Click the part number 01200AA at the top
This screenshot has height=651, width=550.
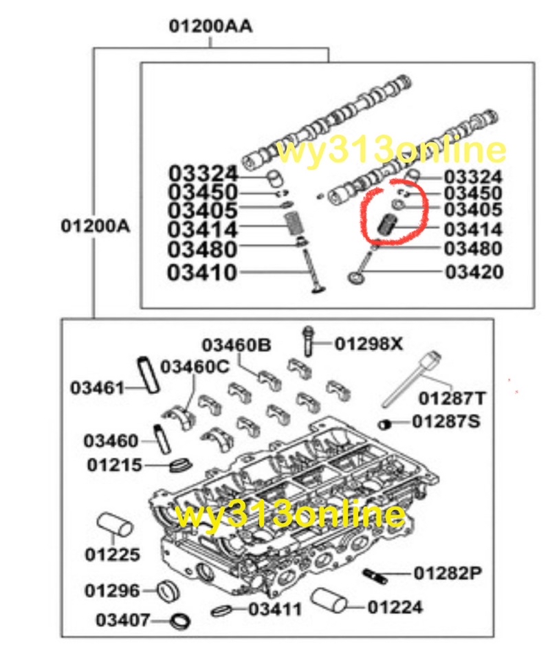210,26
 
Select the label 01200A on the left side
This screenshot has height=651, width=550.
96,226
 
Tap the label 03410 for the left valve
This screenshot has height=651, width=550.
201,273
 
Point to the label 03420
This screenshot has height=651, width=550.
474,272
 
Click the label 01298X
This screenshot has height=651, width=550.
368,344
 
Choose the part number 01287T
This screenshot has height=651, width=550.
452,399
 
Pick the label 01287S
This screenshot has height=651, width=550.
445,422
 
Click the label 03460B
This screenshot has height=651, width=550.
236,345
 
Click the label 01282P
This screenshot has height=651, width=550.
448,573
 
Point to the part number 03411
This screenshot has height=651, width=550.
275,610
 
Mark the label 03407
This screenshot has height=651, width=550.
122,620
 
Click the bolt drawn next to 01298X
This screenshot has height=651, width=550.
308,341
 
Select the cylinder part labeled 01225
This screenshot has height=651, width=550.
115,525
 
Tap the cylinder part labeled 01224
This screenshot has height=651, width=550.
329,600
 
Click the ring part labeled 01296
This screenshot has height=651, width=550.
168,590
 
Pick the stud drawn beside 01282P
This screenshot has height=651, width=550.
375,575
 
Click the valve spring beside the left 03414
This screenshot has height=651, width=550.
296,223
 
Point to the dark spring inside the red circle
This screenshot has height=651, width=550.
388,225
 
